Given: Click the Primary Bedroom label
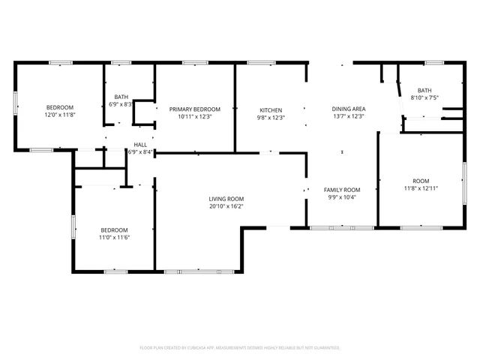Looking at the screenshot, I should tap(194, 109).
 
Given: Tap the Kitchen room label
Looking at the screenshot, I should tap(271, 109).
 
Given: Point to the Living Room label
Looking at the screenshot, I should tap(226, 199).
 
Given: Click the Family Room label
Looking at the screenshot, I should tap(342, 190).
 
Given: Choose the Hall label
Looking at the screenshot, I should tap(140, 145).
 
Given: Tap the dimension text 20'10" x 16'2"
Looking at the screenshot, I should tap(226, 206).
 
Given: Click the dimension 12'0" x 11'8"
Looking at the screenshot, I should tap(60, 115).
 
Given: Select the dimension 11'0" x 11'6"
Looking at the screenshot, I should tap(115, 238).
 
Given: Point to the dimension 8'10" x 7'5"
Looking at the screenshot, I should tap(424, 97).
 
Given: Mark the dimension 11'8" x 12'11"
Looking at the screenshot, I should tap(421, 188).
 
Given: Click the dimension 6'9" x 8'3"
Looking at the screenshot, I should tap(121, 104).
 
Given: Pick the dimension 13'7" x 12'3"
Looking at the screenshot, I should tap(348, 117).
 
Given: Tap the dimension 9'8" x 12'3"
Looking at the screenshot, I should tap(271, 117).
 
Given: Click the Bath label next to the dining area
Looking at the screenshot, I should tap(424, 90).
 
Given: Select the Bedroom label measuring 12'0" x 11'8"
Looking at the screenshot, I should tap(60, 108).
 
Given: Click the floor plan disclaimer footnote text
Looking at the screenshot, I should tap(240, 348).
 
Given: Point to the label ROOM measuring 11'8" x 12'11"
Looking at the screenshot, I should tap(421, 181).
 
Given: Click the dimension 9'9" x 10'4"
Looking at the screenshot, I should tap(342, 197).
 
